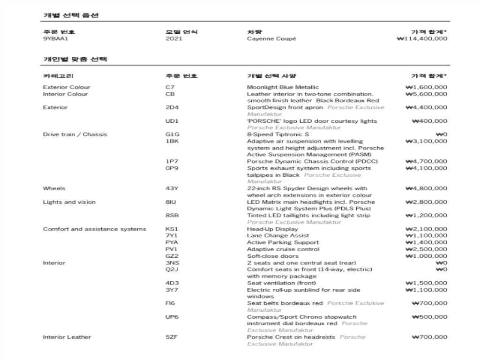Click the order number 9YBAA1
click(x=52, y=38)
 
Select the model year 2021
click(x=174, y=38)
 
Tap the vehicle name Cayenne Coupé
click(x=271, y=38)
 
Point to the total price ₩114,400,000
click(x=422, y=38)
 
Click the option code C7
click(x=170, y=87)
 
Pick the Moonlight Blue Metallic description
click(x=283, y=87)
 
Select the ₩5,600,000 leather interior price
click(x=426, y=94)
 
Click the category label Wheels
click(x=54, y=188)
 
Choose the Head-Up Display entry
click(x=272, y=229)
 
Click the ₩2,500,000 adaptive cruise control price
click(x=426, y=249)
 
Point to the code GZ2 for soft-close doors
click(x=172, y=256)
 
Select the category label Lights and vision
click(x=69, y=202)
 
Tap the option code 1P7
click(x=172, y=161)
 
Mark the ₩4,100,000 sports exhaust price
click(x=426, y=168)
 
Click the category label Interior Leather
click(x=67, y=337)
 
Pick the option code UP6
click(x=172, y=317)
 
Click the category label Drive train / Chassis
click(x=75, y=135)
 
